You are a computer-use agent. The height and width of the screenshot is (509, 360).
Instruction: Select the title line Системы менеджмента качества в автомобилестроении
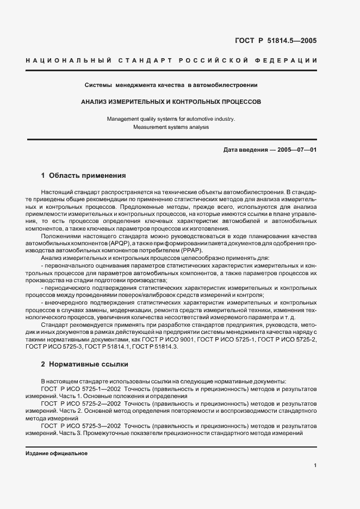click(171, 85)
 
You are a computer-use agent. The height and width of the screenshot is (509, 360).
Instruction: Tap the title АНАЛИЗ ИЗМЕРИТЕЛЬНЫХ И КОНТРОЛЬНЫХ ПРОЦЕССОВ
click(171, 101)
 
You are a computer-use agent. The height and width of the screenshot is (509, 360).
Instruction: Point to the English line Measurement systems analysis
click(171, 127)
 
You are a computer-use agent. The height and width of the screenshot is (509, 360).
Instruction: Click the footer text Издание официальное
click(57, 454)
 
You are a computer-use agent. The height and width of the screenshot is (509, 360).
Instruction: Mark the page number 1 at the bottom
click(315, 465)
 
